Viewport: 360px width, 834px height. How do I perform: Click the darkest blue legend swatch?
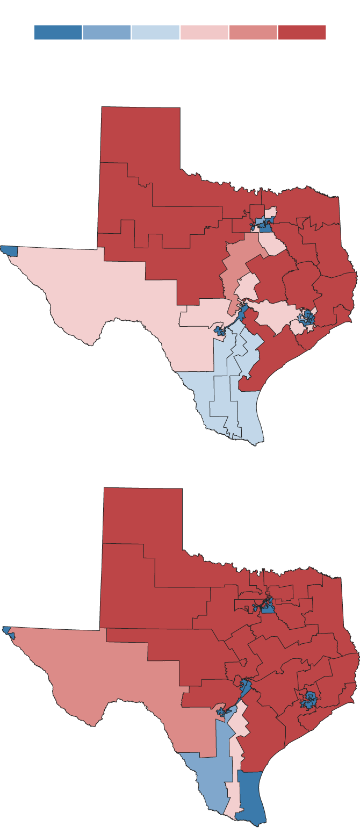[58, 32]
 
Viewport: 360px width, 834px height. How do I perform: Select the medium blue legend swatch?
[106, 32]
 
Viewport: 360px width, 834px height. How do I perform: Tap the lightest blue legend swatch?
[155, 32]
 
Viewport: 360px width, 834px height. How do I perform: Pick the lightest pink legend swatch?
[204, 32]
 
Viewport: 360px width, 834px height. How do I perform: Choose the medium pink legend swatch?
[253, 32]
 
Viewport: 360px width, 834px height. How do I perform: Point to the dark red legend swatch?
[301, 32]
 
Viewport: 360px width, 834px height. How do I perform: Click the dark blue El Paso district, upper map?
[9, 250]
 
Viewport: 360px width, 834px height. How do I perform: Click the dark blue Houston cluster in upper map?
[308, 317]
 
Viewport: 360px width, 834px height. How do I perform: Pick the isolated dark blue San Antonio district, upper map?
[219, 330]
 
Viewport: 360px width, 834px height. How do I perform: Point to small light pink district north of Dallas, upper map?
[270, 211]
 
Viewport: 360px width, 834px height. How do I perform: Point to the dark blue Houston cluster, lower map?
[309, 700]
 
